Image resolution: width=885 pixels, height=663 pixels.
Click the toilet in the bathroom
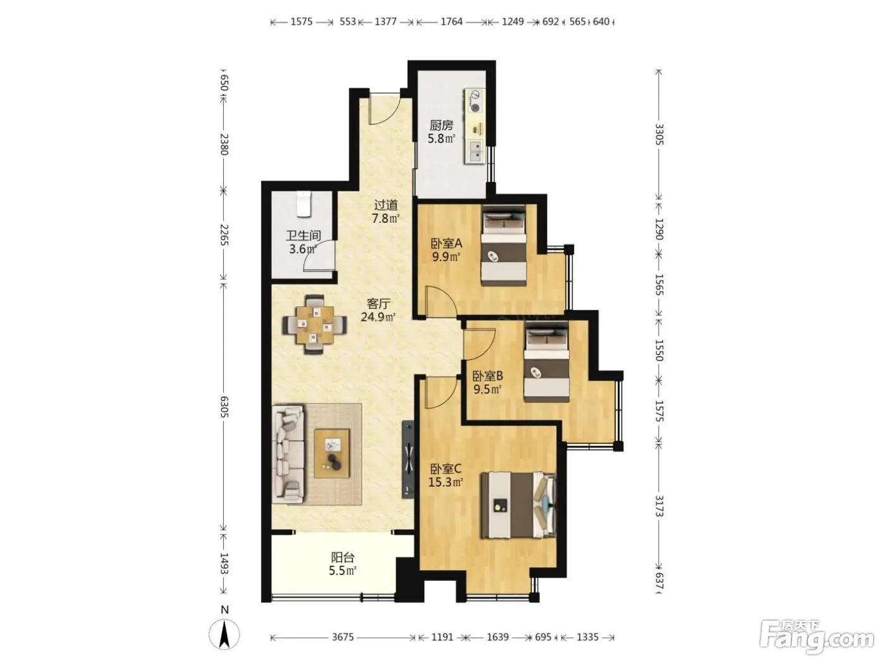coord(304,205)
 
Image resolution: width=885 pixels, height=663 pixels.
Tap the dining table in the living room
coord(315,325)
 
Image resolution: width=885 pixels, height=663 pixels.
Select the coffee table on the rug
coord(332,453)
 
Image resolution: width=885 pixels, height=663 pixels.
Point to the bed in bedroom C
coord(518,506)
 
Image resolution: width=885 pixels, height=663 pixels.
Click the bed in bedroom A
coord(504,246)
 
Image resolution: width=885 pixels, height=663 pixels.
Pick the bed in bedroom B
coord(547,361)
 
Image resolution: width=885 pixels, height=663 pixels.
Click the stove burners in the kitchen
coord(475,101)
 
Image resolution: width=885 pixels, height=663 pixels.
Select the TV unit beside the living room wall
coord(408,460)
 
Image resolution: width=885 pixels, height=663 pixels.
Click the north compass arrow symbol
coord(224,635)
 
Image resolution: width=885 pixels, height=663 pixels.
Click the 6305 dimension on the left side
coord(224,407)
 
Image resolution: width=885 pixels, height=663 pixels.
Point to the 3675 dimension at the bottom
coord(343,637)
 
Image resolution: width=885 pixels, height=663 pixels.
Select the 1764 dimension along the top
coord(451,21)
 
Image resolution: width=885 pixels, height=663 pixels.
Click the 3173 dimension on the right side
coord(659,506)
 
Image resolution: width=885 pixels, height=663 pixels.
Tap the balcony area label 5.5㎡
coord(343,571)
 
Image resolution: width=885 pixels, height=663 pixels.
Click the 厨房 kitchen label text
coord(441,126)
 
